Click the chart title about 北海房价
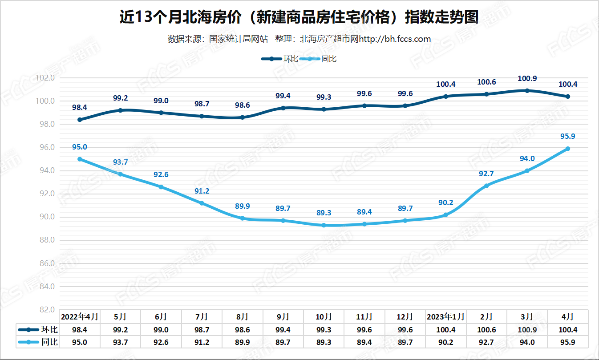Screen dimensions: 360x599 pyautogui.click(x=299, y=18)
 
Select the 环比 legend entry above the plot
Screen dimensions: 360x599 pyautogui.click(x=279, y=59)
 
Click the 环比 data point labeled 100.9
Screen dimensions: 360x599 pyautogui.click(x=527, y=91)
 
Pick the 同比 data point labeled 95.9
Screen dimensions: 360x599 pyautogui.click(x=568, y=149)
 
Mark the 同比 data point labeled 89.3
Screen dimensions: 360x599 pyautogui.click(x=324, y=225)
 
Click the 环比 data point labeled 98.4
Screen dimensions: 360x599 pyautogui.click(x=80, y=120)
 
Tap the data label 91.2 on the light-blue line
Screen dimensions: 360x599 pyautogui.click(x=202, y=191)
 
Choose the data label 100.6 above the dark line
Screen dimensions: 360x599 pyautogui.click(x=486, y=82)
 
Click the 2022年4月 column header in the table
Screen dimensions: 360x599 pyautogui.click(x=80, y=317)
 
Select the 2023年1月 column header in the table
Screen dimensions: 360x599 pyautogui.click(x=445, y=317)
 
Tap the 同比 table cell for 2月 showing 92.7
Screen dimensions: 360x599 pyautogui.click(x=486, y=342)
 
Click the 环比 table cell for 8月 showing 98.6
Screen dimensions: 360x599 pyautogui.click(x=242, y=330)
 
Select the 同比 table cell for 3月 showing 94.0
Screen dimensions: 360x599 pyautogui.click(x=527, y=342)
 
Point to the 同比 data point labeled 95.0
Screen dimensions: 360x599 pyautogui.click(x=80, y=159)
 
